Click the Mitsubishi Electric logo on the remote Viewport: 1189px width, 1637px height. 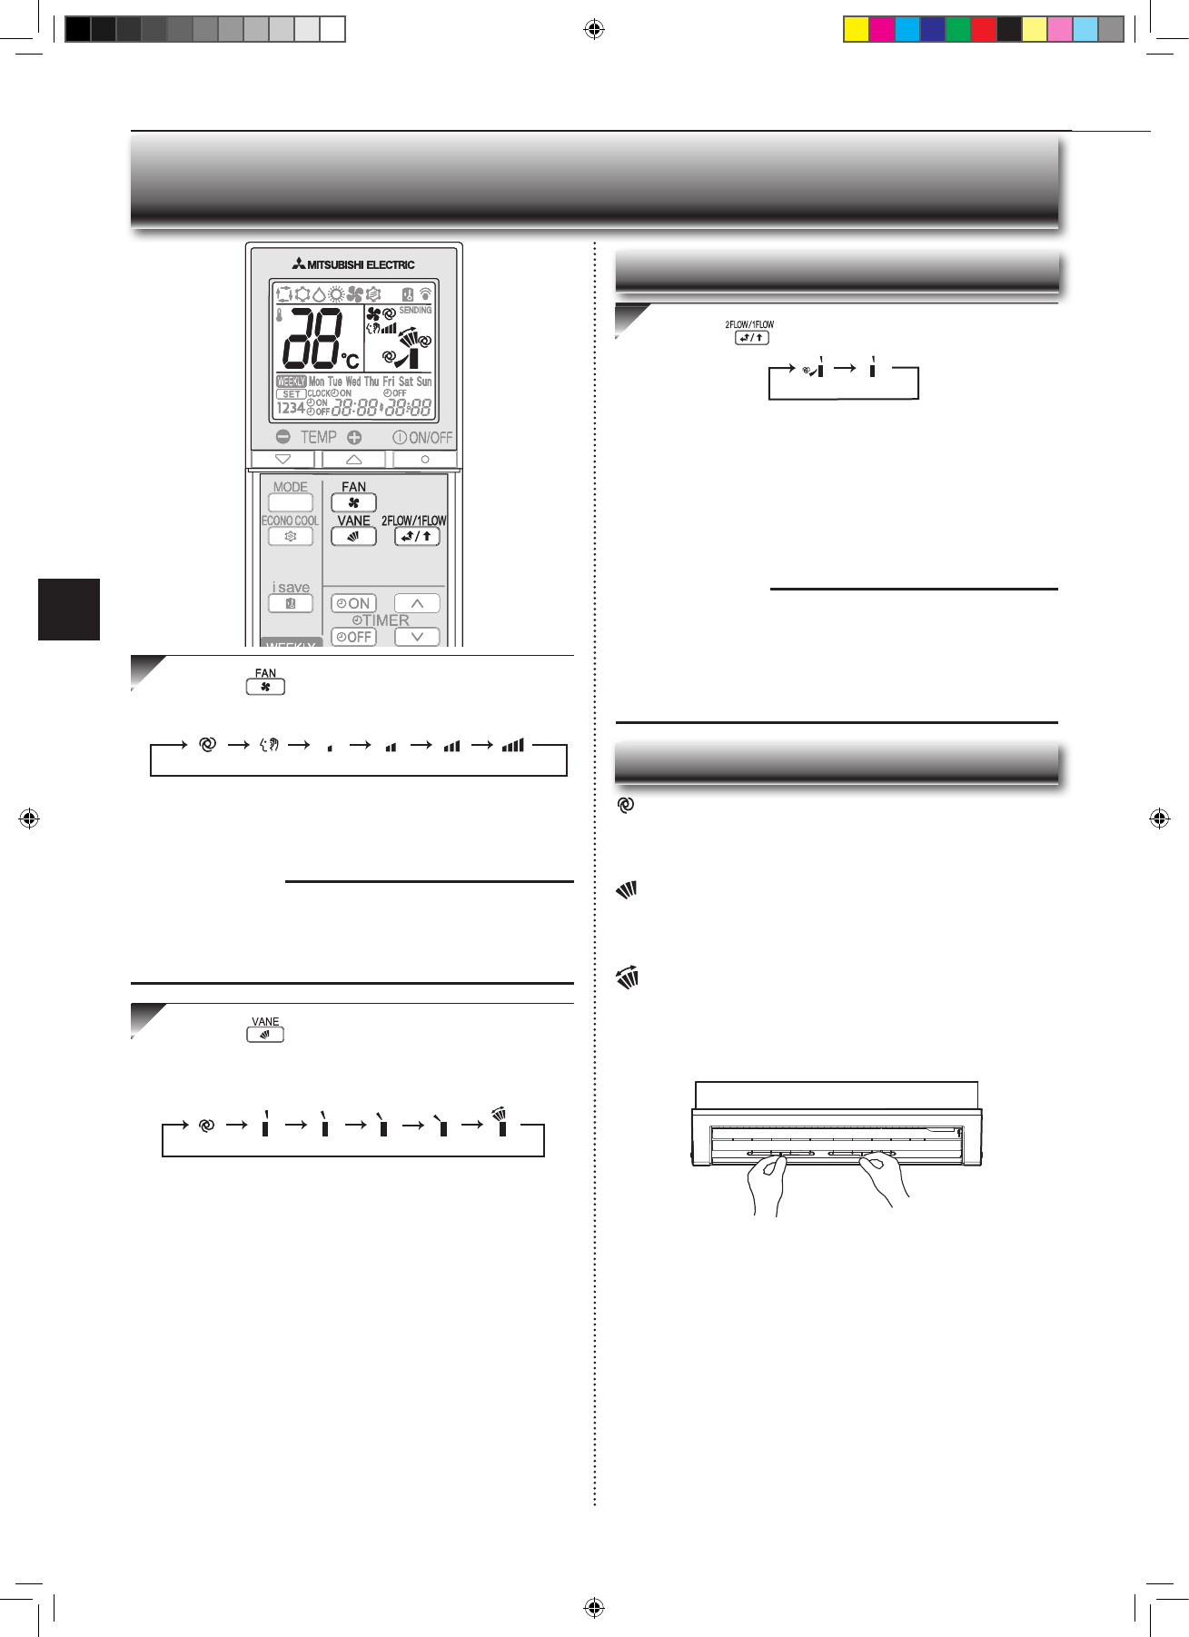(353, 264)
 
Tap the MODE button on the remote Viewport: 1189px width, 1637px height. (291, 501)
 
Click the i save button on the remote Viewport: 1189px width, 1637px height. (291, 603)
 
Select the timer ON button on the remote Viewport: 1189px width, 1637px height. (353, 603)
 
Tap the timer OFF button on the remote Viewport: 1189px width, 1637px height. (353, 637)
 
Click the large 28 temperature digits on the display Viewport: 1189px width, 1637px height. (312, 337)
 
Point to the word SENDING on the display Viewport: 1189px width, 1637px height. (415, 311)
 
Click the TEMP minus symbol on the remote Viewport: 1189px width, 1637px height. (283, 437)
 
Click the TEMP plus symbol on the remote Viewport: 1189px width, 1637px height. (354, 437)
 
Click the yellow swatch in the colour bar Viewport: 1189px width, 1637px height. (856, 29)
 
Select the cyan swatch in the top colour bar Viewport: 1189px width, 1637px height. (907, 29)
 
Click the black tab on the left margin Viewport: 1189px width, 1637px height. (69, 609)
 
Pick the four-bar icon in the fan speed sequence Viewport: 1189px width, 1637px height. (513, 745)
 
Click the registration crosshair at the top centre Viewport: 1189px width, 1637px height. (594, 30)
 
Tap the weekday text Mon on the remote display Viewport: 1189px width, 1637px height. (316, 382)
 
